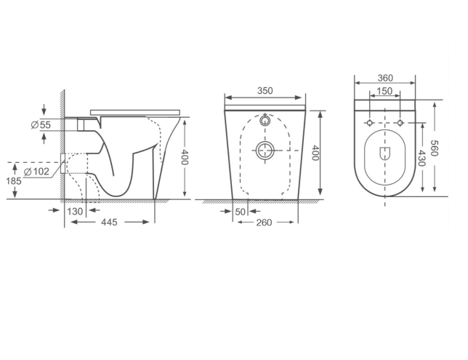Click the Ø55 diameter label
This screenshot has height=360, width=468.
[41, 125]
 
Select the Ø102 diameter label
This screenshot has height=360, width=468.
[36, 172]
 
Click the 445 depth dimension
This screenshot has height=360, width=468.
[110, 223]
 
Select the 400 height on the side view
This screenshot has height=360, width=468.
[185, 159]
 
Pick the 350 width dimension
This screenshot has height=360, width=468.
[264, 92]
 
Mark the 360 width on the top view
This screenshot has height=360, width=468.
[385, 79]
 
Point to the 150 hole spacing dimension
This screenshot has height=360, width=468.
[385, 92]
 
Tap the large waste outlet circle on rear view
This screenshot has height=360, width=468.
[265, 151]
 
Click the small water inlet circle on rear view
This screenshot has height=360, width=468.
[265, 119]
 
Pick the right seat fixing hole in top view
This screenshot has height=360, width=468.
[400, 122]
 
